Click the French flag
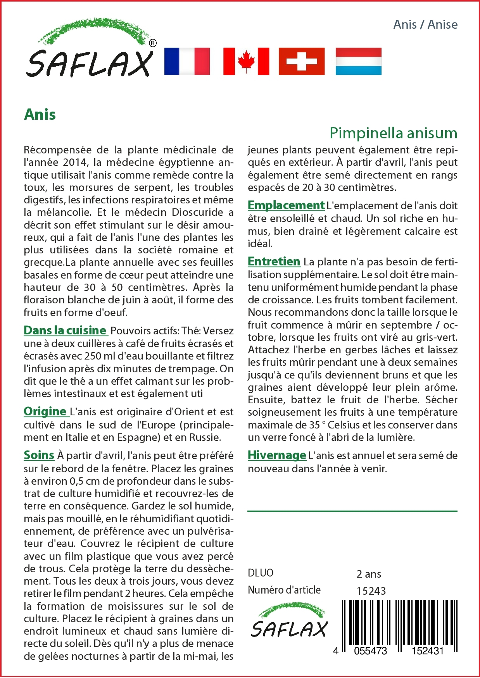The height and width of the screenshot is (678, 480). [x=187, y=61]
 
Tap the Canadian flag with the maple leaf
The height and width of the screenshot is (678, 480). [x=246, y=61]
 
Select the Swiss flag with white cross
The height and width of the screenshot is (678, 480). [x=302, y=61]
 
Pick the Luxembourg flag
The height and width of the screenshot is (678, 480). [x=358, y=61]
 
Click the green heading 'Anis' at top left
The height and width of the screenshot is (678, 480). [x=40, y=115]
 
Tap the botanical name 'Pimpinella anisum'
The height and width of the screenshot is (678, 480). [x=393, y=133]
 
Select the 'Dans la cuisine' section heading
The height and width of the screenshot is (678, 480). [x=65, y=330]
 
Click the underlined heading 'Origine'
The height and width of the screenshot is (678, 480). [x=45, y=411]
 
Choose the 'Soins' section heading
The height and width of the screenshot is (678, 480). [x=39, y=455]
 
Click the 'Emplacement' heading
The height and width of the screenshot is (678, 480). [x=286, y=205]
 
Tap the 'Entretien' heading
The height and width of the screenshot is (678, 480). [x=274, y=262]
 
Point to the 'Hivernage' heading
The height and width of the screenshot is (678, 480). [x=277, y=455]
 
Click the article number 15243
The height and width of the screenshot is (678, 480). [x=371, y=591]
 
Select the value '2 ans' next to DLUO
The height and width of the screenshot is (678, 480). [x=368, y=574]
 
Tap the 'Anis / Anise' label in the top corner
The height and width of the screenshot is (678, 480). [x=425, y=24]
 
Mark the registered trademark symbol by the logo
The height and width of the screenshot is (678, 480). [x=153, y=43]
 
